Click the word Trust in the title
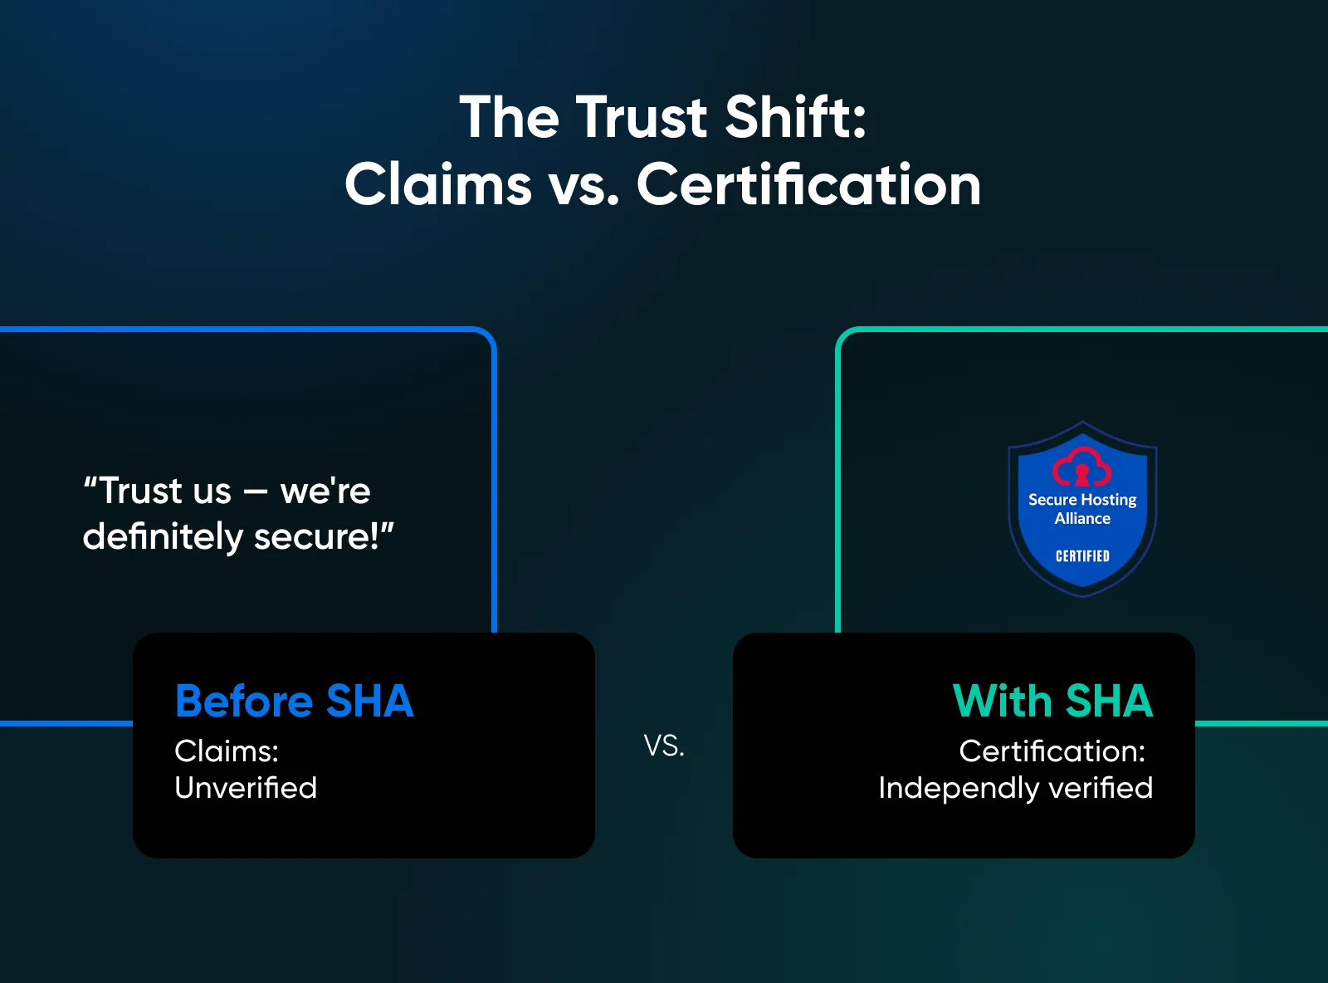pyautogui.click(x=642, y=117)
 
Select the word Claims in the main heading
pyautogui.click(x=438, y=184)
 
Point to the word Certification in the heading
pyautogui.click(x=808, y=184)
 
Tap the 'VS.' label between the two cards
pyautogui.click(x=664, y=746)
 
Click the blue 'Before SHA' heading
pyautogui.click(x=294, y=702)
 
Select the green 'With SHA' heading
pyautogui.click(x=1052, y=702)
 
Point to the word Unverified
pyautogui.click(x=246, y=787)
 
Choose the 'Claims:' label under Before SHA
pyautogui.click(x=227, y=751)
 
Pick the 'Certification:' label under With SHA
pyautogui.click(x=1052, y=751)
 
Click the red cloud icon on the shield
pyautogui.click(x=1081, y=467)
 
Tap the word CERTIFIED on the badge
pyautogui.click(x=1082, y=556)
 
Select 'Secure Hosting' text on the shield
pyautogui.click(x=1082, y=500)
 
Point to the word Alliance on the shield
pyautogui.click(x=1082, y=519)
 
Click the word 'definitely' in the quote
pyautogui.click(x=163, y=536)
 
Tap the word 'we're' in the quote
pyautogui.click(x=325, y=491)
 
